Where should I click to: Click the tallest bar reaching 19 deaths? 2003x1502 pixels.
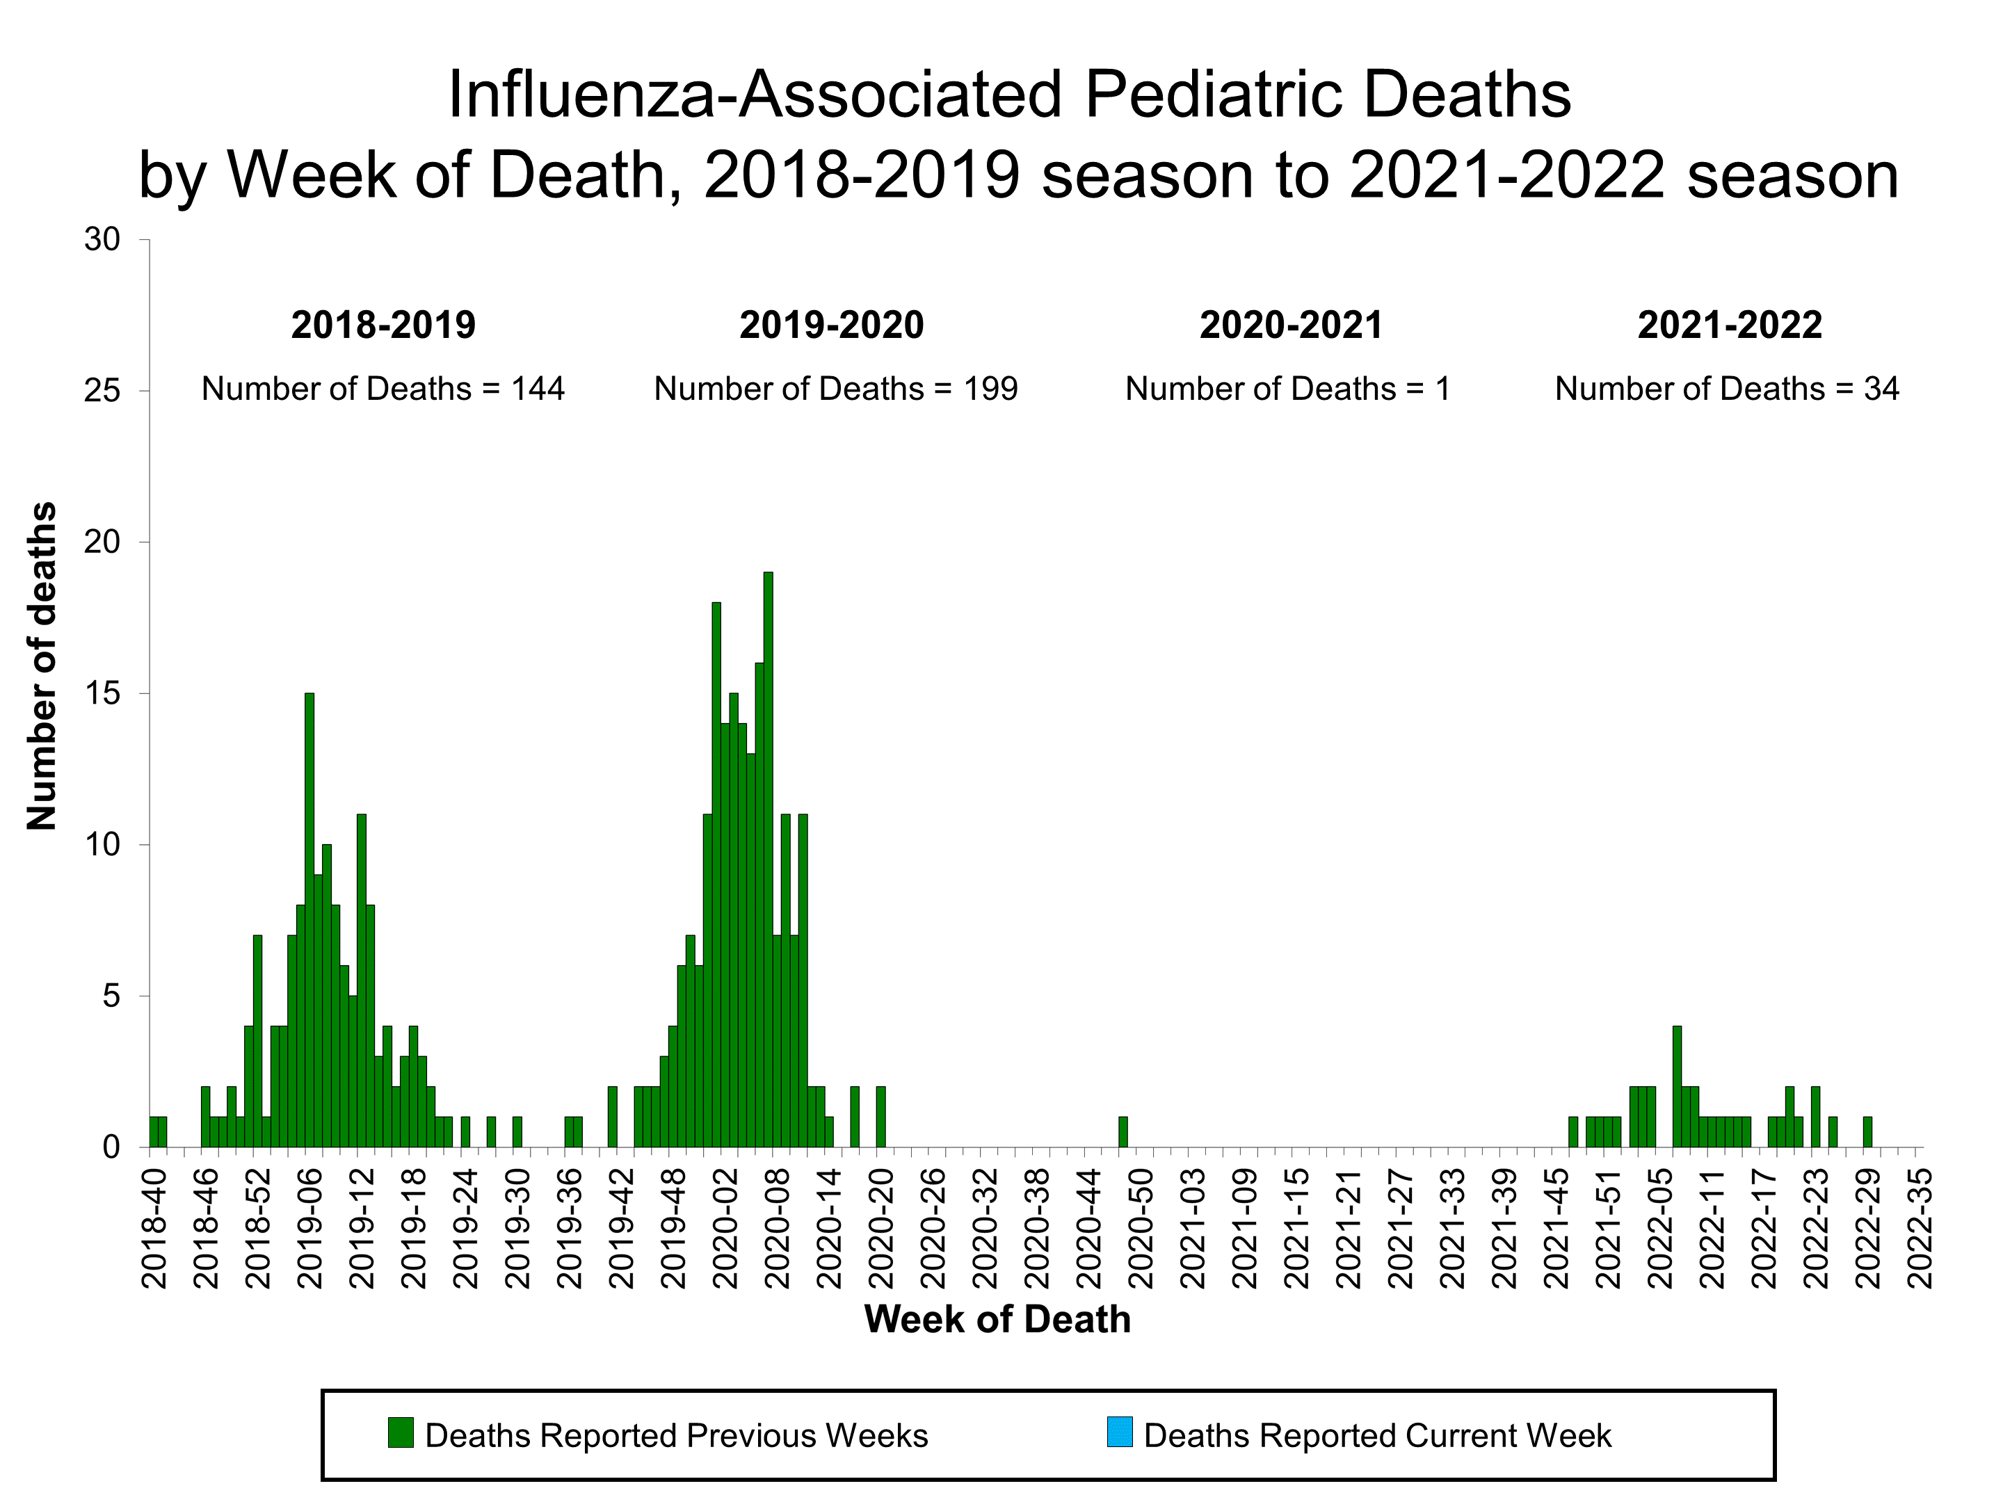pyautogui.click(x=768, y=860)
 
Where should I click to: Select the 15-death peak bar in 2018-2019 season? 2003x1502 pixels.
pyautogui.click(x=309, y=919)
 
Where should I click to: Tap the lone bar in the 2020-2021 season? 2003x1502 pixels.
pyautogui.click(x=1123, y=1131)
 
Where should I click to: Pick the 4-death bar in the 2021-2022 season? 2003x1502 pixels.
pyautogui.click(x=1677, y=1086)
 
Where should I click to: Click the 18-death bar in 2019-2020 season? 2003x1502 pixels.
pyautogui.click(x=716, y=873)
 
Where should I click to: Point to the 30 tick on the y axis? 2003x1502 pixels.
pyautogui.click(x=102, y=240)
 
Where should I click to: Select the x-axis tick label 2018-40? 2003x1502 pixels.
pyautogui.click(x=156, y=1227)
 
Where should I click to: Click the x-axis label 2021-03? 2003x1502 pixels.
pyautogui.click(x=1193, y=1227)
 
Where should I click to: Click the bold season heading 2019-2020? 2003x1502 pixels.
pyautogui.click(x=831, y=325)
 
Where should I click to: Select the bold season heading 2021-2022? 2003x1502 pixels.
pyautogui.click(x=1730, y=325)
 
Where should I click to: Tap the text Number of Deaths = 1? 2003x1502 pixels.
pyautogui.click(x=1287, y=389)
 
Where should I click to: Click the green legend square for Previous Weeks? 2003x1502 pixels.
pyautogui.click(x=400, y=1432)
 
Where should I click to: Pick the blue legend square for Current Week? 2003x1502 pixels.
pyautogui.click(x=1119, y=1432)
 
